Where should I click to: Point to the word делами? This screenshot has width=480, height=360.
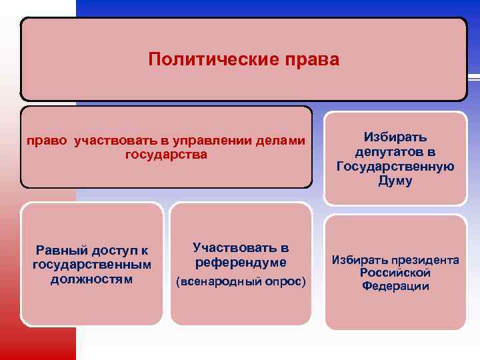click(x=283, y=141)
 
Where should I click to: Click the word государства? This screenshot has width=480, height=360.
click(x=165, y=155)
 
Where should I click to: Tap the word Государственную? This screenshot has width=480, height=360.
click(x=395, y=167)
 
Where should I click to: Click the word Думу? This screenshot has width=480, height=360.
click(x=395, y=181)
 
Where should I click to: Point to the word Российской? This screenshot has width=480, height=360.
click(x=395, y=273)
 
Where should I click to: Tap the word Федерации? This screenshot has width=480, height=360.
click(x=395, y=286)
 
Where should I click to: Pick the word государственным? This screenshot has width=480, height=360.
click(x=91, y=265)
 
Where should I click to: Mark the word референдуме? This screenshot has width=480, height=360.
click(x=241, y=262)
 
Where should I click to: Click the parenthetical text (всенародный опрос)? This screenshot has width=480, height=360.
click(x=241, y=282)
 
